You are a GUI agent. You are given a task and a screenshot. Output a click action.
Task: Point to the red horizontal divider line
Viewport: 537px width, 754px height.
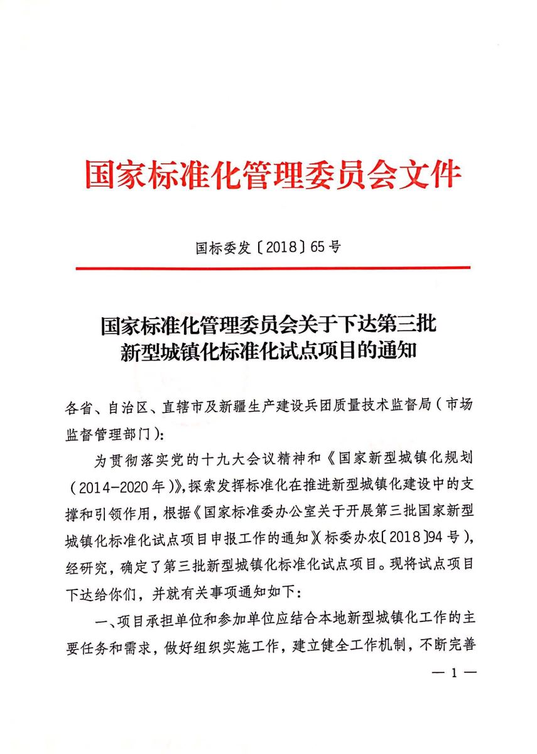(x=273, y=268)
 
